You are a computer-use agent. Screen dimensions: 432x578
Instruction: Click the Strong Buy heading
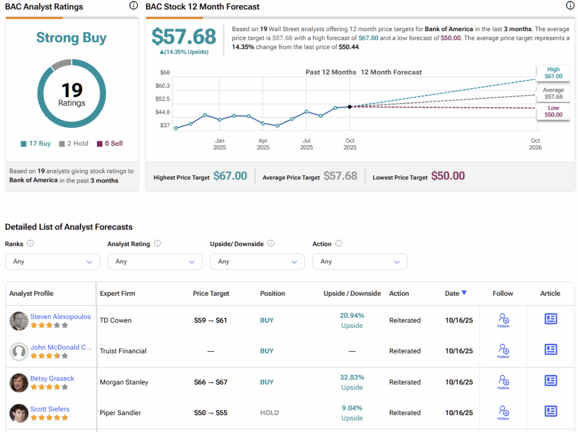[x=71, y=38]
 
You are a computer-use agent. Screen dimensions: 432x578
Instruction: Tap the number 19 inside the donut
[x=72, y=89]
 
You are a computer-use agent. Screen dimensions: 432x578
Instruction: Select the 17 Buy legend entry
[x=36, y=144]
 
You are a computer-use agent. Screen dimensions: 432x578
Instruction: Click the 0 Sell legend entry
[x=110, y=144]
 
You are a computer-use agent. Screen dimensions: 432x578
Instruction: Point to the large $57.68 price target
[x=184, y=37]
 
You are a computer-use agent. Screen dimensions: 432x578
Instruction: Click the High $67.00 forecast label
[x=553, y=73]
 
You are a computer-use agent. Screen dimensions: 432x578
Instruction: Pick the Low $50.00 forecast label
[x=553, y=111]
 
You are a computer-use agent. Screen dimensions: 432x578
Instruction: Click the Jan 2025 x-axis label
[x=220, y=144]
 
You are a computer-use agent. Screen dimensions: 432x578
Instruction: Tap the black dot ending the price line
[x=350, y=106]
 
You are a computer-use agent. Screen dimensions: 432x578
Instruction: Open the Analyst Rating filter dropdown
[x=155, y=262]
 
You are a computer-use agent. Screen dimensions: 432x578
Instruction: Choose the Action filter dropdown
[x=360, y=262]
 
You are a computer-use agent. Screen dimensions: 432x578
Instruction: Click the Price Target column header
[x=211, y=293]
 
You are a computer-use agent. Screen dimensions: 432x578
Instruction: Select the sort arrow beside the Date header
[x=464, y=293]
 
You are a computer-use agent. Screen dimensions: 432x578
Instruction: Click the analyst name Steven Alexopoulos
[x=60, y=317]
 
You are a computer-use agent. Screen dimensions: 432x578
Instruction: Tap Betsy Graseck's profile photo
[x=19, y=383]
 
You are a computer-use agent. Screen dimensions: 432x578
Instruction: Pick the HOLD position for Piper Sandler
[x=269, y=413]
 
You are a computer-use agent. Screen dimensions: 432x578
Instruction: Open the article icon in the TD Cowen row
[x=550, y=319]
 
